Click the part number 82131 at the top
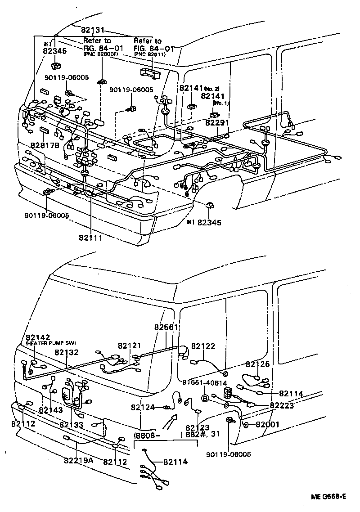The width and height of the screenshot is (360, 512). click(x=93, y=31)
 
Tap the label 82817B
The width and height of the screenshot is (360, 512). click(x=45, y=145)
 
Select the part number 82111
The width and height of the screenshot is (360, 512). click(x=90, y=237)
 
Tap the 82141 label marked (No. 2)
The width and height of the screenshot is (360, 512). click(x=192, y=89)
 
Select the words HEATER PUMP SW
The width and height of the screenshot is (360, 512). click(x=51, y=343)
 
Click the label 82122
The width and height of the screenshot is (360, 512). click(x=203, y=346)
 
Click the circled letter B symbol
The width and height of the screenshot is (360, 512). click(x=204, y=398)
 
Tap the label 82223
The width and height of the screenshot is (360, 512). click(x=282, y=405)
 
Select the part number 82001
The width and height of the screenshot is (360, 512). click(x=268, y=424)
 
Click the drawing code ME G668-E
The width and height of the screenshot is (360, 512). click(x=328, y=497)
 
